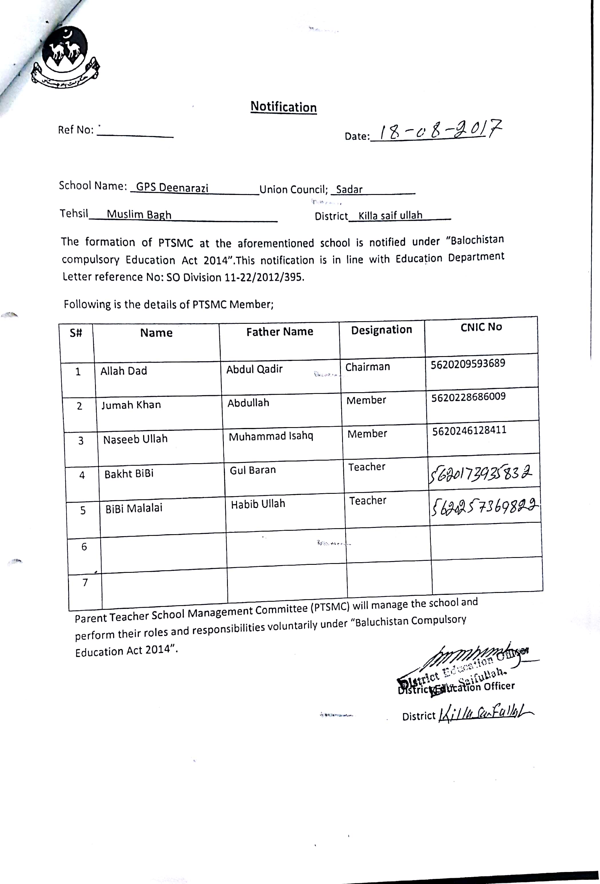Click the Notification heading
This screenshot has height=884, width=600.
(x=283, y=107)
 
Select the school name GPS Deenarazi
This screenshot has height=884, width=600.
(x=172, y=188)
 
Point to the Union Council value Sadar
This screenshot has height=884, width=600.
(x=349, y=189)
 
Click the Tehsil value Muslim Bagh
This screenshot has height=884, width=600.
(x=139, y=214)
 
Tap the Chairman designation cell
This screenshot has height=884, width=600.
(x=368, y=367)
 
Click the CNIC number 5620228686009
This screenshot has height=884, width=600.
(x=468, y=397)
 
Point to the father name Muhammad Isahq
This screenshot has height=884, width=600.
(x=271, y=436)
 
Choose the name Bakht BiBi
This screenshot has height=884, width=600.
(x=129, y=473)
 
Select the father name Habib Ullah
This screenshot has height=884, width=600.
(x=258, y=504)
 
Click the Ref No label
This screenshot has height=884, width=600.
(x=76, y=130)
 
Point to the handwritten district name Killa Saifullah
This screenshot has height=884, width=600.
(x=486, y=714)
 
